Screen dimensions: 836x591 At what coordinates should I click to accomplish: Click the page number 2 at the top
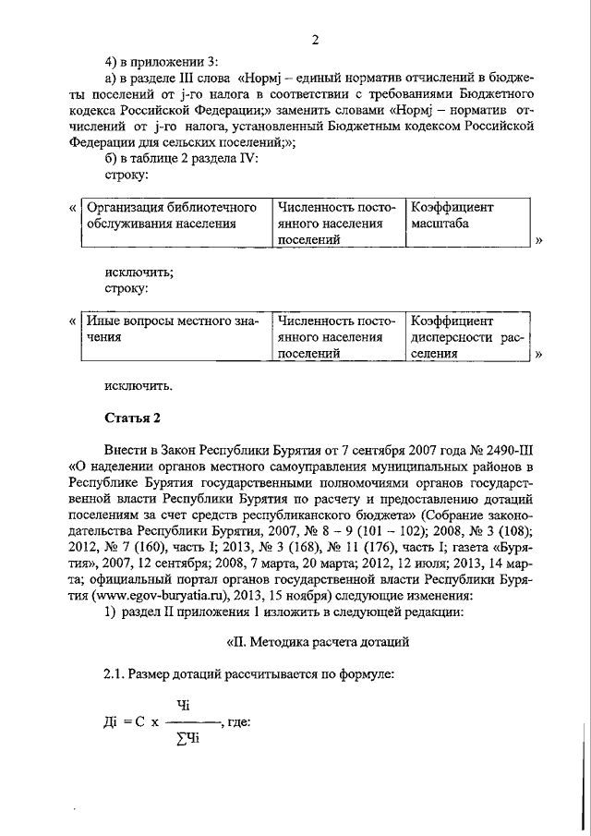pos(315,39)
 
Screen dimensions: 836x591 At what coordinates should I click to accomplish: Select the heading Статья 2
pos(133,418)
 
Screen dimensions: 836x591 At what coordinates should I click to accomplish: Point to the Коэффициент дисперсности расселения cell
pos(466,337)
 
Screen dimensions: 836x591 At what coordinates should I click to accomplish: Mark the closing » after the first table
pos(538,240)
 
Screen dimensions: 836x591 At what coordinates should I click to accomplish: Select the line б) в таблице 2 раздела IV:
pos(182,156)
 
